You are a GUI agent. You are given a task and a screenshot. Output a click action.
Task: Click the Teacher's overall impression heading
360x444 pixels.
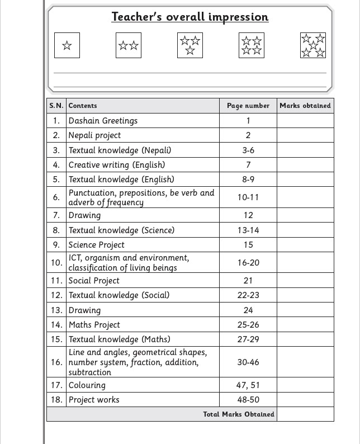tap(190, 17)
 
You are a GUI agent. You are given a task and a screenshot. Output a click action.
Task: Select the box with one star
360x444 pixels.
tap(67, 45)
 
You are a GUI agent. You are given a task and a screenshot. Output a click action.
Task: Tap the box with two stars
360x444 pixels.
tap(129, 45)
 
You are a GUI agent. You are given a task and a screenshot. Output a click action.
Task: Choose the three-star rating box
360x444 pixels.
tap(190, 45)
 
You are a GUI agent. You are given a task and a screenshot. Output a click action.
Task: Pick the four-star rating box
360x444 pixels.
tap(252, 45)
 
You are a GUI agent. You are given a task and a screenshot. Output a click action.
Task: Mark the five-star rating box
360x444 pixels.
tap(313, 45)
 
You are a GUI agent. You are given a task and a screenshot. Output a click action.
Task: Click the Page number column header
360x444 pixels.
tap(248, 106)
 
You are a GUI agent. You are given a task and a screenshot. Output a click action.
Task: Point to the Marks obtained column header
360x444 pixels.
tap(305, 106)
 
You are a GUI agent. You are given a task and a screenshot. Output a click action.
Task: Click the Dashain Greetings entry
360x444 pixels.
tap(103, 121)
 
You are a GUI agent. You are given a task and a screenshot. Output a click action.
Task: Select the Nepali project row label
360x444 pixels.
tap(94, 135)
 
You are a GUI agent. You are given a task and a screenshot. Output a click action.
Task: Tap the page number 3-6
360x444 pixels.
tap(248, 150)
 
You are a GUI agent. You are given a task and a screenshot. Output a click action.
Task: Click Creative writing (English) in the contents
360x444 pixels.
tap(117, 165)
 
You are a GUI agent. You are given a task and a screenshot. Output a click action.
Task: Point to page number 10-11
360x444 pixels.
tap(248, 197)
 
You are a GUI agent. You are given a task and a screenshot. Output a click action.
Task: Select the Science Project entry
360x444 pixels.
tap(97, 245)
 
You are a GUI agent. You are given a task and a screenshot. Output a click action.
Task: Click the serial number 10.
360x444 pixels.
tap(56, 263)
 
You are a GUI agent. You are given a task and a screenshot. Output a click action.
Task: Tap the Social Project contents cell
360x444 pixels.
tap(94, 281)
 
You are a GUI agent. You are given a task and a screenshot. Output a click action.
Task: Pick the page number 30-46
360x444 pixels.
tap(248, 362)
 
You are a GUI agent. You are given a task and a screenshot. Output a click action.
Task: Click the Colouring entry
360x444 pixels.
tap(87, 385)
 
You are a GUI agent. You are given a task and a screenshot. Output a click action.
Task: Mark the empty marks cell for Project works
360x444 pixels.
tap(305, 400)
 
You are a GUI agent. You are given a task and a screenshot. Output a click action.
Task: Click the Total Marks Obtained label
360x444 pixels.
tap(239, 414)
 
